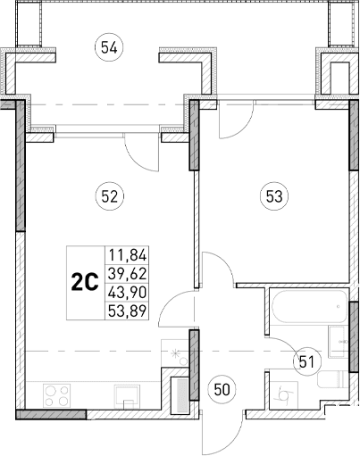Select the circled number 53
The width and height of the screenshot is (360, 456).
[273, 197]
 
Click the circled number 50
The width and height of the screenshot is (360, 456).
[222, 388]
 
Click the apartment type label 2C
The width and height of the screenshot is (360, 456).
[84, 283]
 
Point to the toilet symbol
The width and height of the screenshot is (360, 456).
[332, 378]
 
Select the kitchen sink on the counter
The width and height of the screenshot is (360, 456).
[126, 395]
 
